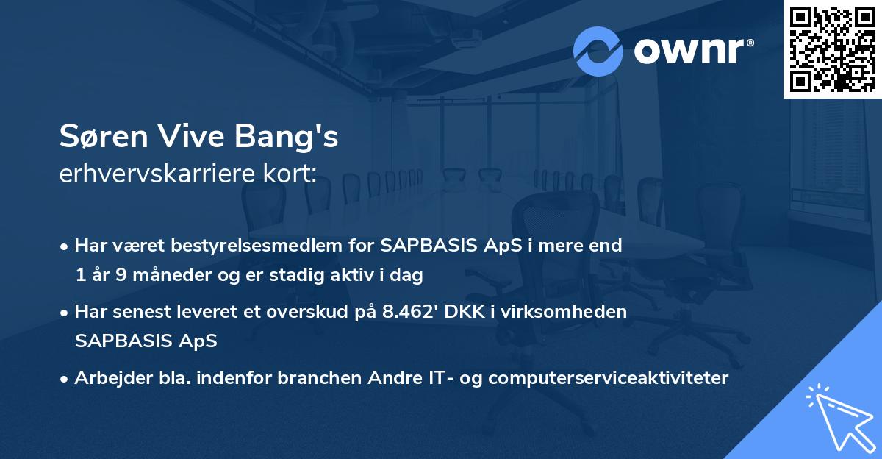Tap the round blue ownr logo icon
pos(598,51)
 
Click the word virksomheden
pos(579,312)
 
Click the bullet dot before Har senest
pos(65,312)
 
